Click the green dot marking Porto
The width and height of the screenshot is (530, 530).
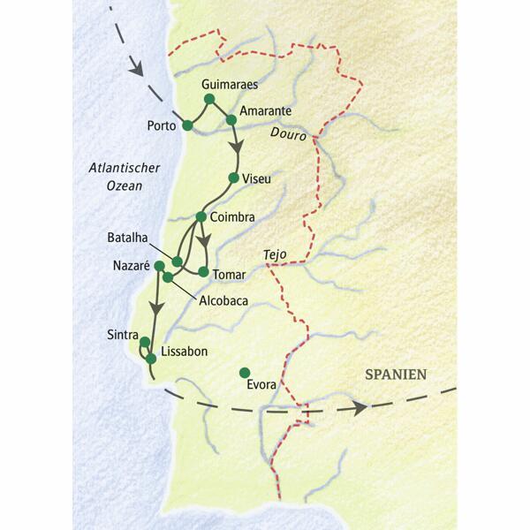(187, 125)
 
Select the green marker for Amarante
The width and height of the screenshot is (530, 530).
(231, 119)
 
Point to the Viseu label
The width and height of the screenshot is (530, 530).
(258, 178)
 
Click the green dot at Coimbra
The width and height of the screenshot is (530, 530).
(201, 216)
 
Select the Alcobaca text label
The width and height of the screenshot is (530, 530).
(223, 300)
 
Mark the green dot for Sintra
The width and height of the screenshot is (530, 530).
(144, 341)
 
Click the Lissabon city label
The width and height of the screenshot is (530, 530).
(185, 352)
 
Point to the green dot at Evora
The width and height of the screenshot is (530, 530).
(245, 372)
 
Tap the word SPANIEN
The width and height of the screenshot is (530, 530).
(396, 375)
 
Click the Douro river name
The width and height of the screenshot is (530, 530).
(289, 137)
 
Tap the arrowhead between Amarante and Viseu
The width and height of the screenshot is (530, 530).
(235, 147)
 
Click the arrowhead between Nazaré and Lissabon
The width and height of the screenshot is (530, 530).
(156, 308)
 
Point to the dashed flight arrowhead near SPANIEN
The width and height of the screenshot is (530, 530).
(359, 408)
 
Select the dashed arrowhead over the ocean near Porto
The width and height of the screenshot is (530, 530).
(136, 65)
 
